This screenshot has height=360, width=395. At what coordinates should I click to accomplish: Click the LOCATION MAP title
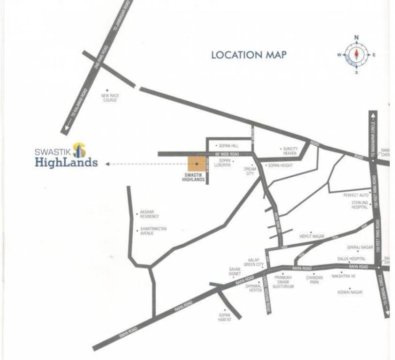(249, 55)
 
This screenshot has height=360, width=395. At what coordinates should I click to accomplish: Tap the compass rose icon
(356, 54)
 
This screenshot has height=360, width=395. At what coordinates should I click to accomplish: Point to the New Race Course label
(109, 98)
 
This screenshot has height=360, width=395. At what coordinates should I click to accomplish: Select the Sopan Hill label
(228, 146)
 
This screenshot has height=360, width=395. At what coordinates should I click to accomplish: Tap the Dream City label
(250, 171)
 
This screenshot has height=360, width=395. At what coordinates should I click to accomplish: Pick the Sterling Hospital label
(360, 205)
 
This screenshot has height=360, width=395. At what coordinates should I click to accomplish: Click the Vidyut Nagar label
(311, 237)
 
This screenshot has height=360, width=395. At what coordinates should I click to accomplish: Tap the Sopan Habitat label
(225, 317)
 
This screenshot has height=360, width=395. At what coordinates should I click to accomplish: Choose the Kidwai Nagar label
(349, 292)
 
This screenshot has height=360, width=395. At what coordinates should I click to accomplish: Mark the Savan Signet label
(235, 271)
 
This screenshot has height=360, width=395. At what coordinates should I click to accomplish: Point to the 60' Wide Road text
(227, 154)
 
